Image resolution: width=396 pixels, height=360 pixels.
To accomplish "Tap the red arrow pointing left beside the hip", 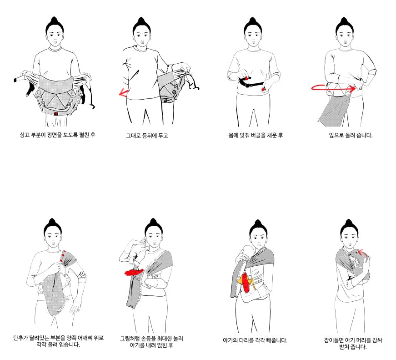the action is coord(123,92).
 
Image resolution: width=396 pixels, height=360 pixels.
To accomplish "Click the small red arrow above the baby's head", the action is coord(363,253).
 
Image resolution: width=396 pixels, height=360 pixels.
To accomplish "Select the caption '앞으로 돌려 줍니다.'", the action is coord(351,135).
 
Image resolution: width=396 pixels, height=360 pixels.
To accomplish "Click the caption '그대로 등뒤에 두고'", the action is coord(147,136).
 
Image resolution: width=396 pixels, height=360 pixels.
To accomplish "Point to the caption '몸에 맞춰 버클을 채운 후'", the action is coord(256,135).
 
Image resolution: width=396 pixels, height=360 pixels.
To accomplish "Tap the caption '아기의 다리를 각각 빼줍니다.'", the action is coord(255,340).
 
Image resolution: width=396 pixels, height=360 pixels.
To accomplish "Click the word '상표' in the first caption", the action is coord(25,135).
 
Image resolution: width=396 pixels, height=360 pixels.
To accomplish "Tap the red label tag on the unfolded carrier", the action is coord(56,113).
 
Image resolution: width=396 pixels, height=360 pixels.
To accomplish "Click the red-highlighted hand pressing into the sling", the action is coord(134,272).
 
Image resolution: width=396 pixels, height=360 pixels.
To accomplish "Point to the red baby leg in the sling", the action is coord(245,283).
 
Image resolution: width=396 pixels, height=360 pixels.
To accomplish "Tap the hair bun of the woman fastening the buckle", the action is coord(252,21).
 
